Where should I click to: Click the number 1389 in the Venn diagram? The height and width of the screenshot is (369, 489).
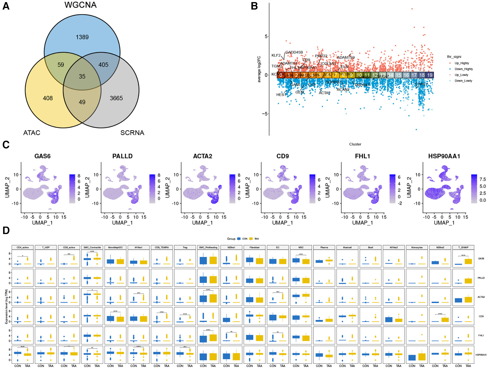click(x=82, y=37)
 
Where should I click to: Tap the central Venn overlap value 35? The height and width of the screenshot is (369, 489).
click(x=82, y=76)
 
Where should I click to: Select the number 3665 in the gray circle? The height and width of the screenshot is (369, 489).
click(x=116, y=98)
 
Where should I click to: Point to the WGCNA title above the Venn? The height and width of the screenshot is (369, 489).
click(x=80, y=5)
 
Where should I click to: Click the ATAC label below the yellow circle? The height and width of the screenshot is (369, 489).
click(x=32, y=133)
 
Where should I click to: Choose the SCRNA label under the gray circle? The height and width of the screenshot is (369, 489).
click(x=132, y=133)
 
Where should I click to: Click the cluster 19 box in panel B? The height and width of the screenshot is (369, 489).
click(x=430, y=75)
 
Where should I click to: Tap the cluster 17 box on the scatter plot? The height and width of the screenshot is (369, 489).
click(x=414, y=75)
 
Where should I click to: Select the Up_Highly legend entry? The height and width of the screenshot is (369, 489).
click(x=461, y=63)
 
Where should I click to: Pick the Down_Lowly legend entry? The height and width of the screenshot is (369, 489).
click(x=463, y=81)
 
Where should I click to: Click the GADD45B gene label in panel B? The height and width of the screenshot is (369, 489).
click(x=294, y=52)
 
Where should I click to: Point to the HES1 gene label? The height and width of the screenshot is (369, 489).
click(x=281, y=95)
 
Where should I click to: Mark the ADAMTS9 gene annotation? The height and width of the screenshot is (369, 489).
click(x=346, y=57)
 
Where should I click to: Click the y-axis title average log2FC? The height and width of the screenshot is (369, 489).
click(x=259, y=69)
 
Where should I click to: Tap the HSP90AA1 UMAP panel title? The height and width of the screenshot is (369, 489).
click(x=444, y=156)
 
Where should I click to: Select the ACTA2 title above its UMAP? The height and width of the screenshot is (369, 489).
click(x=202, y=156)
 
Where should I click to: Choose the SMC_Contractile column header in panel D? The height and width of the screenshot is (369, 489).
click(x=92, y=247)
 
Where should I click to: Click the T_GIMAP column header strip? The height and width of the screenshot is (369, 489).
click(x=463, y=247)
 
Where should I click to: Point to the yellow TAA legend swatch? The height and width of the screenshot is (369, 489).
click(x=251, y=239)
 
